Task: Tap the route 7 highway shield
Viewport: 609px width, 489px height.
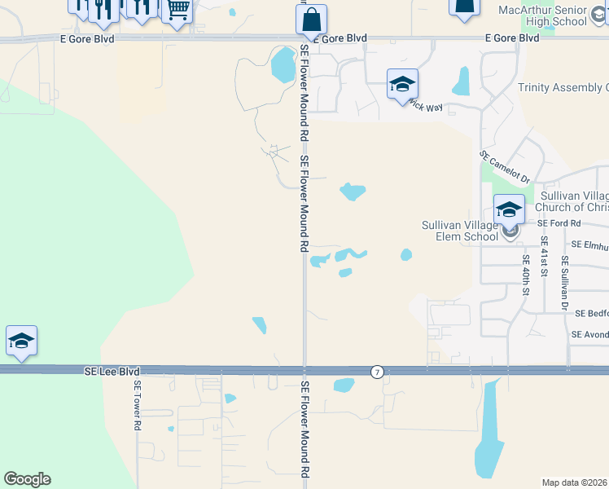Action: coord(377,372)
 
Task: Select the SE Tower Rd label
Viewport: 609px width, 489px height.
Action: coord(138,405)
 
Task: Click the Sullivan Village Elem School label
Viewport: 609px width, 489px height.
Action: coord(459,231)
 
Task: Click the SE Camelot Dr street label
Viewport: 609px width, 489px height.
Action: coord(505,167)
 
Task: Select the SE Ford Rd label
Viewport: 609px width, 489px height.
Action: coord(559,222)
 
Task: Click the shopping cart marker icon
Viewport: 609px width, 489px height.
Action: coord(177,10)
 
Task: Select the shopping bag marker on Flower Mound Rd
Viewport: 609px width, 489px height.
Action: coord(311,20)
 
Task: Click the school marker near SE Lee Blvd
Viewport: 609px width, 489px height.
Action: coord(21,341)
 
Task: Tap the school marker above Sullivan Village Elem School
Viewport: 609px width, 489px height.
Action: coord(509,210)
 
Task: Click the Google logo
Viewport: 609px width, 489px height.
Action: coord(27,479)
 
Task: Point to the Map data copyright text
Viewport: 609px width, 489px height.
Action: coord(575,482)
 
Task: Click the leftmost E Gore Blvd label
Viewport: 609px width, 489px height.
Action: coord(87,38)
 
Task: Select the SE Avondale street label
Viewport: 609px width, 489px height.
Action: coord(589,334)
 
